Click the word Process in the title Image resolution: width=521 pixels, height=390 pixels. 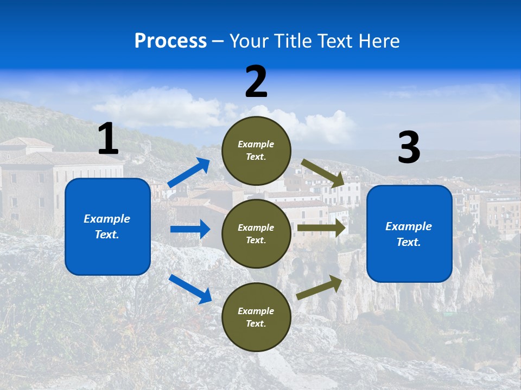(x=170, y=41)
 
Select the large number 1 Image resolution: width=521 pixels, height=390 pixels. (x=108, y=139)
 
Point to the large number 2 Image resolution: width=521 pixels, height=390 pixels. (x=256, y=82)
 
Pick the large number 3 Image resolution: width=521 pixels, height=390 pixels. (x=409, y=148)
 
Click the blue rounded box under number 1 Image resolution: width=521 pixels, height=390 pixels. (x=107, y=226)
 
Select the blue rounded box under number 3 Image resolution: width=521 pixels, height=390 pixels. (x=409, y=233)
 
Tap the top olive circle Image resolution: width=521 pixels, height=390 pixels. (x=256, y=151)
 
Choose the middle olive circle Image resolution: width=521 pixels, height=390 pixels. (x=256, y=233)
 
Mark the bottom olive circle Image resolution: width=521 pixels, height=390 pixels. (x=256, y=317)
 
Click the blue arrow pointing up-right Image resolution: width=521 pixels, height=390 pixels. (x=189, y=173)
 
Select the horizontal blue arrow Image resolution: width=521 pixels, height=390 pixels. (x=190, y=229)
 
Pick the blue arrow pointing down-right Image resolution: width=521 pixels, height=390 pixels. (x=190, y=289)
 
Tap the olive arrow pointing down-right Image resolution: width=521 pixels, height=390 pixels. (x=323, y=173)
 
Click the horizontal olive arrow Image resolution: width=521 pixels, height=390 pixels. (x=321, y=228)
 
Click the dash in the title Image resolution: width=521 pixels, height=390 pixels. (x=218, y=41)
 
